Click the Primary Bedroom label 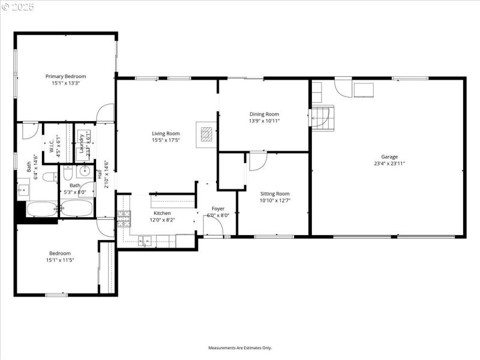(66, 76)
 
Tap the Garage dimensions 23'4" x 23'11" (389, 163)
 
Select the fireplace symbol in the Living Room (206, 133)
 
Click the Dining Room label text (264, 114)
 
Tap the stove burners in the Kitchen (124, 216)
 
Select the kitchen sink (144, 242)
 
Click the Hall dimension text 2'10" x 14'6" (106, 174)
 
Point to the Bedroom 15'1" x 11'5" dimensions (60, 260)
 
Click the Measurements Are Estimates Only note (240, 348)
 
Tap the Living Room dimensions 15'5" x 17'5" (166, 140)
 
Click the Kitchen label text (162, 213)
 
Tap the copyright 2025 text (18, 7)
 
